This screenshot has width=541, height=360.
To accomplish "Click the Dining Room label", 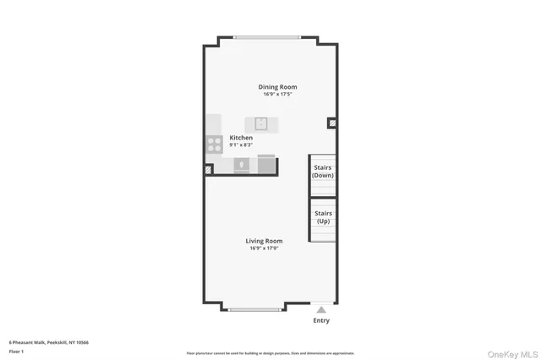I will pyautogui.click(x=277, y=87).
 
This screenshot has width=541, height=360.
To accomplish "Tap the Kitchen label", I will pyautogui.click(x=241, y=138).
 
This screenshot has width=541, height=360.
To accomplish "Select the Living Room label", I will pyautogui.click(x=264, y=241).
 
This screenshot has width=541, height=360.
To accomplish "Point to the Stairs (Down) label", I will pyautogui.click(x=323, y=172).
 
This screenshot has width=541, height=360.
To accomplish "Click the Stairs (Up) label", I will pyautogui.click(x=323, y=217).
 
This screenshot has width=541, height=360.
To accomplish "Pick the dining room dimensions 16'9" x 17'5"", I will pyautogui.click(x=277, y=95).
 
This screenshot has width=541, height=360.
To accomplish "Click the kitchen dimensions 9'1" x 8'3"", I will pyautogui.click(x=241, y=145).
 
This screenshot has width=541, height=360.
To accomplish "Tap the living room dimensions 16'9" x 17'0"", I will pyautogui.click(x=264, y=248).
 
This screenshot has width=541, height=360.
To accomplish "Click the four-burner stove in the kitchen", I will pyautogui.click(x=215, y=145).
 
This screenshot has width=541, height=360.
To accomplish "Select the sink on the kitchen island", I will pyautogui.click(x=261, y=123).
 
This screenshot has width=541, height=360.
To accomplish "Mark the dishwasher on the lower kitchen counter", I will pyautogui.click(x=240, y=164).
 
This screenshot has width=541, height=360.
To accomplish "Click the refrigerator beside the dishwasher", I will pyautogui.click(x=266, y=163).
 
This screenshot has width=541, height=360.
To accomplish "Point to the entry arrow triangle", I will pyautogui.click(x=321, y=310).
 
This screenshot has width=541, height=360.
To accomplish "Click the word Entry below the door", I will pyautogui.click(x=321, y=320).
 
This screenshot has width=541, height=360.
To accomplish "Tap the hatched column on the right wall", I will pyautogui.click(x=332, y=123).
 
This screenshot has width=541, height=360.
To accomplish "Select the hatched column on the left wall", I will pyautogui.click(x=208, y=169).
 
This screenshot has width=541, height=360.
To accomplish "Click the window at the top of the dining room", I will pyautogui.click(x=266, y=36).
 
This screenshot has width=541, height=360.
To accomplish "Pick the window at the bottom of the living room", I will pyautogui.click(x=254, y=309).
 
